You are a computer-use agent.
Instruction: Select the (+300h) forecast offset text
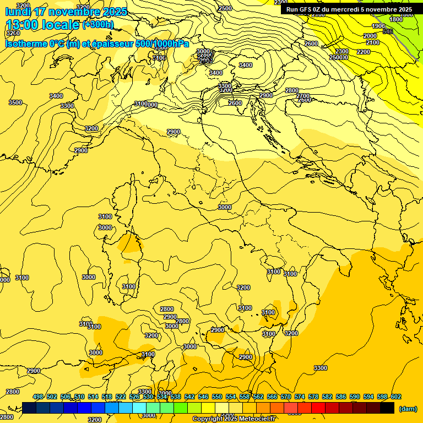(x=98, y=25)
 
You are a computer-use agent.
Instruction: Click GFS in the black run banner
(x=309, y=9)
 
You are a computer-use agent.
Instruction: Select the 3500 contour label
(x=15, y=102)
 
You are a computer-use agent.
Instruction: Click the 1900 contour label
(x=378, y=26)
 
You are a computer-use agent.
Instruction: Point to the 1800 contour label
(x=396, y=19)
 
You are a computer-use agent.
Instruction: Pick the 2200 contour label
(x=364, y=52)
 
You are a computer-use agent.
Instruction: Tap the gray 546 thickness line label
(x=388, y=31)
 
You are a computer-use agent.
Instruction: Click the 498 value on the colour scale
(x=38, y=397)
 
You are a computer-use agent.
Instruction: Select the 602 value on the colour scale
(x=396, y=397)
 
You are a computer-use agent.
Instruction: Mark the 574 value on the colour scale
(x=300, y=397)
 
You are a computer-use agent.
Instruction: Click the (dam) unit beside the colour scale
(x=408, y=408)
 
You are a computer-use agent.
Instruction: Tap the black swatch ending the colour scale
(x=387, y=408)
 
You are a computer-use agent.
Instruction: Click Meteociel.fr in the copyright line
(x=257, y=419)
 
